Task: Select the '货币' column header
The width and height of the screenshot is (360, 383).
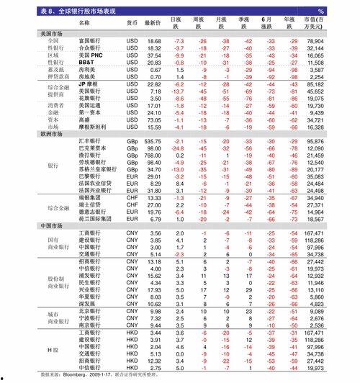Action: click(132, 23)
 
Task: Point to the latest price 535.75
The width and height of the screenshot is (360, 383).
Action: click(153, 141)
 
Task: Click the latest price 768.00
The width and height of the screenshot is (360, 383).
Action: click(153, 156)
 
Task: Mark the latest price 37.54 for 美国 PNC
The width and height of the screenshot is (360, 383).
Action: click(154, 55)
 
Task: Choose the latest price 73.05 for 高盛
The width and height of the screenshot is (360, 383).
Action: click(154, 120)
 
